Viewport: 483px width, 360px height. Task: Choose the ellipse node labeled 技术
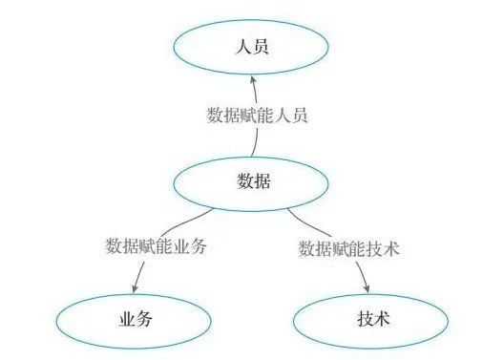[367, 317]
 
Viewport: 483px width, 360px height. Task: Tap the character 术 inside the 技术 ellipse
[378, 317]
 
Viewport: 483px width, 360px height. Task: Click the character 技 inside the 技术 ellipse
[357, 317]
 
